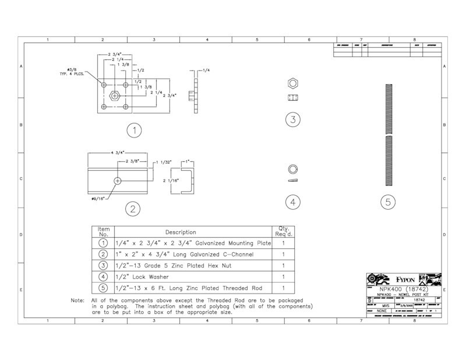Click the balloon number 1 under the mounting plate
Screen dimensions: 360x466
135,130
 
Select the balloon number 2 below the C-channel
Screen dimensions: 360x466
133,209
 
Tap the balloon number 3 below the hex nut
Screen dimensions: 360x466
293,120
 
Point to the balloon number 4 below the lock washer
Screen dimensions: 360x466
293,202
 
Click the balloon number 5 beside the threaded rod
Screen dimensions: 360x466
388,202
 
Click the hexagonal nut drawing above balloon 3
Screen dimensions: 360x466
294,82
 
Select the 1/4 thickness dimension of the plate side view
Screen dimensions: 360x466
207,70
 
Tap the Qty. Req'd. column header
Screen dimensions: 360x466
283,231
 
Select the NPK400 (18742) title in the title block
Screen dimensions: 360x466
404,289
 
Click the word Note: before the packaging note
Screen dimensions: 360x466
78,301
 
